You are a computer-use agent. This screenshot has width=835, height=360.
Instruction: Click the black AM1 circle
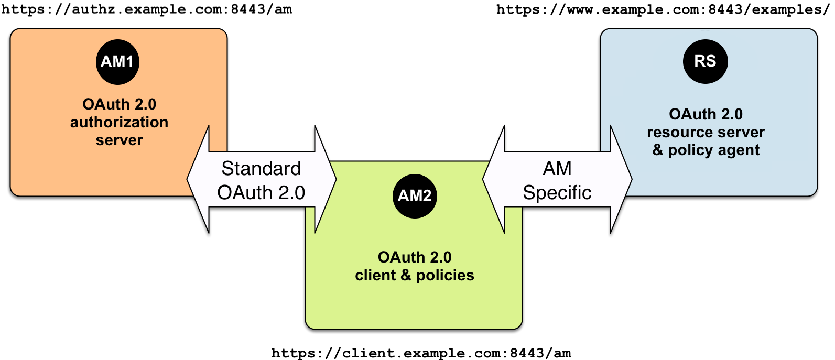pyautogui.click(x=117, y=62)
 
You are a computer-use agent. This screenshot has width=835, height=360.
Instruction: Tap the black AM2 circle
pyautogui.click(x=414, y=196)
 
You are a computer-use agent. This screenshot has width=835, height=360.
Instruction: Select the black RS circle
pyautogui.click(x=705, y=61)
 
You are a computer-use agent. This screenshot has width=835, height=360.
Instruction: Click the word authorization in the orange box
pyautogui.click(x=119, y=122)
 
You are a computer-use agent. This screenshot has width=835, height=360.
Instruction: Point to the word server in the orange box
pyautogui.click(x=119, y=140)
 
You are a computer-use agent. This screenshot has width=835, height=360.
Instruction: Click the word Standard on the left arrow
pyautogui.click(x=261, y=169)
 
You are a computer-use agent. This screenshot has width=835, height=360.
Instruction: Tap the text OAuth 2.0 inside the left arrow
pyautogui.click(x=261, y=193)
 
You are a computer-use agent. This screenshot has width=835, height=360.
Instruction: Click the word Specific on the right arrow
pyautogui.click(x=557, y=193)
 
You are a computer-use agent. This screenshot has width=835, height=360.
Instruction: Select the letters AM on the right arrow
pyautogui.click(x=557, y=169)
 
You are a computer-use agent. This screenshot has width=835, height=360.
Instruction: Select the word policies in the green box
pyautogui.click(x=444, y=276)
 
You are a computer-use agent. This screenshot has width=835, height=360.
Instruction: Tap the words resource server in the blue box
pyautogui.click(x=706, y=132)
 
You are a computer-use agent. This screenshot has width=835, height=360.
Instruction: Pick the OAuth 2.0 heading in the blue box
pyautogui.click(x=706, y=114)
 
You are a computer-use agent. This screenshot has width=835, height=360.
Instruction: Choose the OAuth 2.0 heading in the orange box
pyautogui.click(x=119, y=104)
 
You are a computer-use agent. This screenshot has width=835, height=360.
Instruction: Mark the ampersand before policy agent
pyautogui.click(x=658, y=150)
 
